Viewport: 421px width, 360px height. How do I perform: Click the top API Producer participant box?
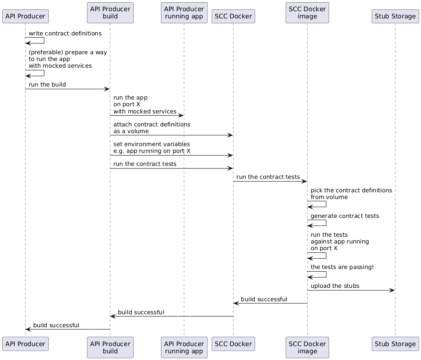(25, 17)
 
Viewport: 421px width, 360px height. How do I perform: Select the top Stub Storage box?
(395, 17)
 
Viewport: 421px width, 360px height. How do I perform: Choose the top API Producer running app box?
(184, 13)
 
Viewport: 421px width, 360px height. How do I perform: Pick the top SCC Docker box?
(233, 17)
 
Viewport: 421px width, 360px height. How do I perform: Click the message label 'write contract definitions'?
(65, 34)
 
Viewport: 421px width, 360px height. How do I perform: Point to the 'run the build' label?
(47, 85)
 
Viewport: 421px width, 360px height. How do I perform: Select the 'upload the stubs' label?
(335, 286)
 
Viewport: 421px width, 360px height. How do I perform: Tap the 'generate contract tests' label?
(344, 216)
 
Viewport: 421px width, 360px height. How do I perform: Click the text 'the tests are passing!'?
(342, 267)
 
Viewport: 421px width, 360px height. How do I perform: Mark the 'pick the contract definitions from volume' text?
(351, 194)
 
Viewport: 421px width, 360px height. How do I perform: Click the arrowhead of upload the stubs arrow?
(392, 290)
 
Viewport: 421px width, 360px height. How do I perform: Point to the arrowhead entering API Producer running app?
(181, 115)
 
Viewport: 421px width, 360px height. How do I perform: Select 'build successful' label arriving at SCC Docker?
(264, 299)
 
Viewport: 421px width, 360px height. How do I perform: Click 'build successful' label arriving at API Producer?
(56, 325)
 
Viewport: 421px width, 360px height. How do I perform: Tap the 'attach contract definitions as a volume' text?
(152, 128)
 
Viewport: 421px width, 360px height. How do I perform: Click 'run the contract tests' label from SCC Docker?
(268, 177)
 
